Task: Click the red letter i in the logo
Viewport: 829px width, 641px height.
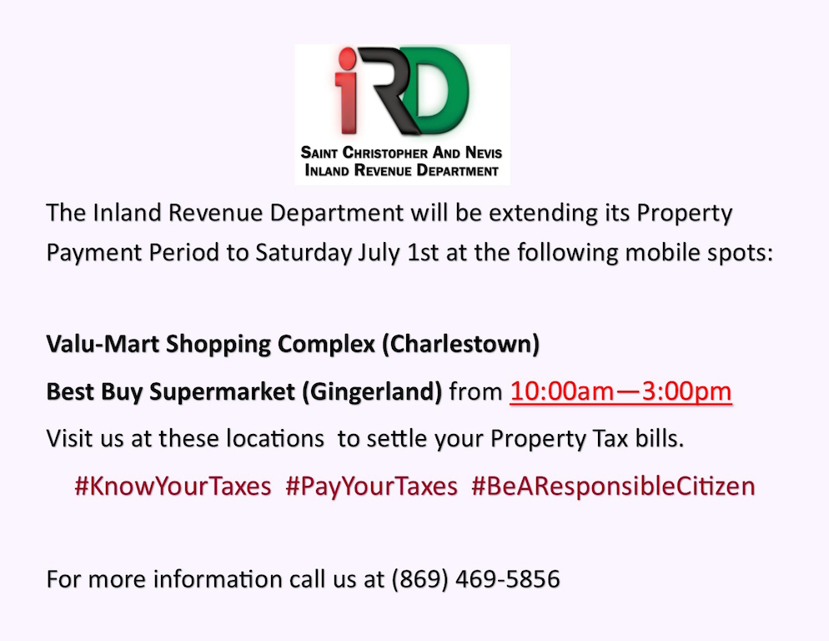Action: (347, 90)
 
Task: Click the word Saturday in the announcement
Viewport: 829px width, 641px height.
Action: (304, 253)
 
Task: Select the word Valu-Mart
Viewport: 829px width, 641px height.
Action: (103, 344)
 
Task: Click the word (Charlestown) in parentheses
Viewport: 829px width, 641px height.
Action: (461, 345)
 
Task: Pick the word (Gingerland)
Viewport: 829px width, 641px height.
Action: (372, 392)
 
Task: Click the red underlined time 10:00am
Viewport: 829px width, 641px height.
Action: (562, 391)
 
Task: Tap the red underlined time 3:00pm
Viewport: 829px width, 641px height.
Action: (686, 392)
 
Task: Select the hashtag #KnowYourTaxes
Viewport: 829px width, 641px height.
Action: (173, 487)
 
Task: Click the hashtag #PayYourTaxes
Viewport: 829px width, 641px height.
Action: (371, 487)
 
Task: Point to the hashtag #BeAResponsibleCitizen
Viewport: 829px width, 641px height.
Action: (613, 487)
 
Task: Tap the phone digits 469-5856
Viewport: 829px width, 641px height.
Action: (508, 579)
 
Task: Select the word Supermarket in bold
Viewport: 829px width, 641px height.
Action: (223, 392)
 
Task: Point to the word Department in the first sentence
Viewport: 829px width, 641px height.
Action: (337, 214)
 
